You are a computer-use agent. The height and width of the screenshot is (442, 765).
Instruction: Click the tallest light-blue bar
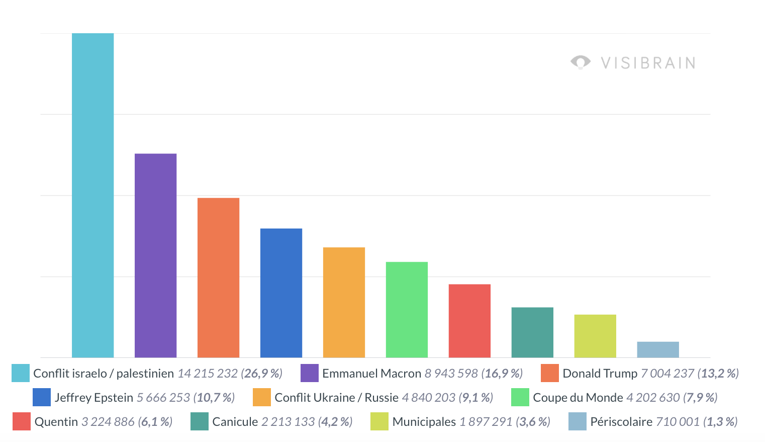(92, 195)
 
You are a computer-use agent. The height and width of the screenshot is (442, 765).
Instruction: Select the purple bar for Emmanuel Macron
(155, 256)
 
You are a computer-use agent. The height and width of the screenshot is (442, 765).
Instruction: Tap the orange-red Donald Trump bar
(218, 278)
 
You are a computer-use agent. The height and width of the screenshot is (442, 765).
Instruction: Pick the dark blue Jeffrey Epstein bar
(281, 293)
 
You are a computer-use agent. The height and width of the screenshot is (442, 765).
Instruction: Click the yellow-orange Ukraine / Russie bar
(344, 303)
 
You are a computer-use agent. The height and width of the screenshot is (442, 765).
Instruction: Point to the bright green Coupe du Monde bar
(407, 310)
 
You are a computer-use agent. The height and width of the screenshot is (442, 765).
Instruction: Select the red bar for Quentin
(469, 321)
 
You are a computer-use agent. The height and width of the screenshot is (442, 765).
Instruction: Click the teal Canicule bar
(532, 333)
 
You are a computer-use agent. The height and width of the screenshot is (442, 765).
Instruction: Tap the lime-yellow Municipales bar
(595, 336)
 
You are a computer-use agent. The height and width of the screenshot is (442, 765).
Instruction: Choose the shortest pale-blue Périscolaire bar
(658, 350)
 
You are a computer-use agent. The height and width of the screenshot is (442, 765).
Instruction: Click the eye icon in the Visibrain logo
(581, 62)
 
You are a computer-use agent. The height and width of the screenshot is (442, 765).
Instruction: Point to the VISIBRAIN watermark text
(648, 63)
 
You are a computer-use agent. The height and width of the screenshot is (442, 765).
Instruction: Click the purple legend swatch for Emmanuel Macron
(310, 373)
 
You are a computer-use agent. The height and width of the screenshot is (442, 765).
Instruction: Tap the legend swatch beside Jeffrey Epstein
(42, 397)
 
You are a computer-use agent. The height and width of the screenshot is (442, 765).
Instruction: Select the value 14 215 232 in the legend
(208, 373)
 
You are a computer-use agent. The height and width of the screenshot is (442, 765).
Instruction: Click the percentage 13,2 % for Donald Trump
(718, 373)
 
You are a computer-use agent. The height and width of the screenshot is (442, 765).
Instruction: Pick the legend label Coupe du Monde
(578, 398)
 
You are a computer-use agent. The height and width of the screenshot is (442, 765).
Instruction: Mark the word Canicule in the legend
(235, 422)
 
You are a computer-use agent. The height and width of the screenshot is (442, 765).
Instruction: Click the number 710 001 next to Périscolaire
(678, 422)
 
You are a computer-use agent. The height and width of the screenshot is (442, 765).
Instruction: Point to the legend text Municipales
(424, 422)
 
